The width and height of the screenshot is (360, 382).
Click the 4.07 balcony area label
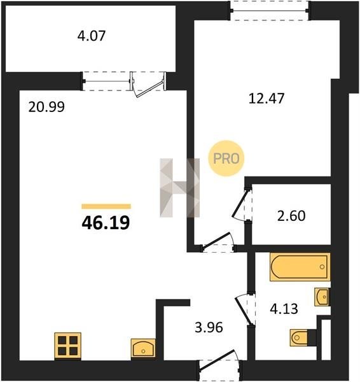92,36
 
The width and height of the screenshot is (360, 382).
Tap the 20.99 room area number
46,107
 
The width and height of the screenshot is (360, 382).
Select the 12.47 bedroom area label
267,99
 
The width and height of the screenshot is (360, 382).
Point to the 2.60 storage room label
291,216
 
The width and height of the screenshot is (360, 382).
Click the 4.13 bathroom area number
284,309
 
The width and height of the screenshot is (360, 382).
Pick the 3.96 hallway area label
209,327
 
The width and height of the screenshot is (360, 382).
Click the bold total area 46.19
106,223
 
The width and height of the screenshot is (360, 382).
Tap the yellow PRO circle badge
226,159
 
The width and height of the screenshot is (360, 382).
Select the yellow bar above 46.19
106,206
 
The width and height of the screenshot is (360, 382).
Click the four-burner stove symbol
67,346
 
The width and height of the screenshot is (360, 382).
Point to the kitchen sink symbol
143,348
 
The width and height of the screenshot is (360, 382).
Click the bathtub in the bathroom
300,267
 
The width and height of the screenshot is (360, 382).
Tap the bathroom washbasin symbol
322,297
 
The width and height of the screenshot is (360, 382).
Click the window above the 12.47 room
270,11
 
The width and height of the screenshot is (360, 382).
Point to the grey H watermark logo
179,188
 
